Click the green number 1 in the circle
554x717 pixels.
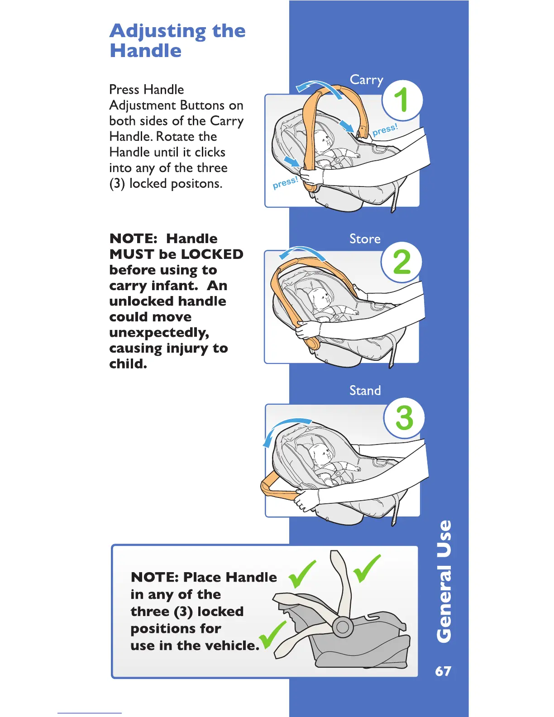tap(401, 100)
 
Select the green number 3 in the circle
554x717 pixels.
tap(404, 417)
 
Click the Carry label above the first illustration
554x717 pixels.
tap(367, 80)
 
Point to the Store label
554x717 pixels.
tap(365, 239)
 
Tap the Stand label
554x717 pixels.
tap(365, 390)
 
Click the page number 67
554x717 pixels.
tap(443, 671)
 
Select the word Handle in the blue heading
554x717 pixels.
tap(145, 50)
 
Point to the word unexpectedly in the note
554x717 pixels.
tap(159, 333)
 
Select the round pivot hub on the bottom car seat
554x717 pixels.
tap(343, 627)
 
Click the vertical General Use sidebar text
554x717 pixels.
tap(444, 581)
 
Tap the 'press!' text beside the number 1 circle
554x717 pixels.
tap(385, 129)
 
